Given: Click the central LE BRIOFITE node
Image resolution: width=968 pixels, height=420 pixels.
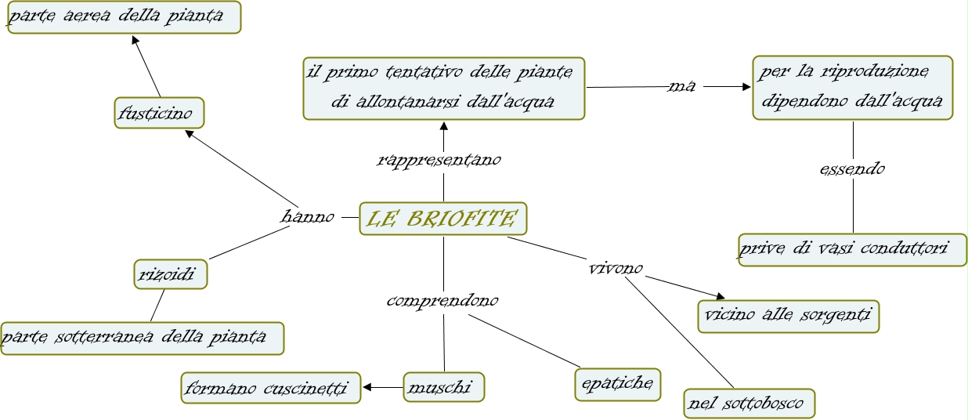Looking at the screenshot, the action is tap(443, 219).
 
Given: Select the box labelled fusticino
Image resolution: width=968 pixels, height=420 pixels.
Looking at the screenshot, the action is tap(158, 113).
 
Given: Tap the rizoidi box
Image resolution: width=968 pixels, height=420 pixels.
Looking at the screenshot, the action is tap(170, 274).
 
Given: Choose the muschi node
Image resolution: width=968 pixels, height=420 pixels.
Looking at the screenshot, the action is tap(443, 387).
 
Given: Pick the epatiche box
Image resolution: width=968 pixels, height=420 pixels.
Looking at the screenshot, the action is tap(617, 384).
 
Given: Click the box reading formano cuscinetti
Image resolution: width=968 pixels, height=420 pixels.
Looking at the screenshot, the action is tap(271, 387).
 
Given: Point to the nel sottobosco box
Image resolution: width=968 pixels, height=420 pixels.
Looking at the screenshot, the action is tap(748, 404).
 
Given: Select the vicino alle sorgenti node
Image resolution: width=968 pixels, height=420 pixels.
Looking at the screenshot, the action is tap(788, 317).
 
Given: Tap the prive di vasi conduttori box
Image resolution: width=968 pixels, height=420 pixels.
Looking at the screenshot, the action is tap(851, 249).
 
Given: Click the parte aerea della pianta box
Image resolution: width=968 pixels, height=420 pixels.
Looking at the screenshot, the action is tap(124, 17).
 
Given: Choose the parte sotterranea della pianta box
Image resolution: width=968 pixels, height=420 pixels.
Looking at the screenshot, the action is tap(142, 338).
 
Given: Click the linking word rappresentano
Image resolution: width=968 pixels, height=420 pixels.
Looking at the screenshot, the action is tap(439, 160).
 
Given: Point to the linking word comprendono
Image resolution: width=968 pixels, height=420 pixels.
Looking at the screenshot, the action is tap(442, 300).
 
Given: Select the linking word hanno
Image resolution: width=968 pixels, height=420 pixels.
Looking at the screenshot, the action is tap(308, 216).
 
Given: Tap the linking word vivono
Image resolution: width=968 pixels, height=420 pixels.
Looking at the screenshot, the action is tap(616, 269).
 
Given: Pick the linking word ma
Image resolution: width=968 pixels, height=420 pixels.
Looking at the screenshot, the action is tap(681, 85).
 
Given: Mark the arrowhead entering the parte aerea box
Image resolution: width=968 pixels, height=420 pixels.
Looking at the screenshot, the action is tap(135, 40).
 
